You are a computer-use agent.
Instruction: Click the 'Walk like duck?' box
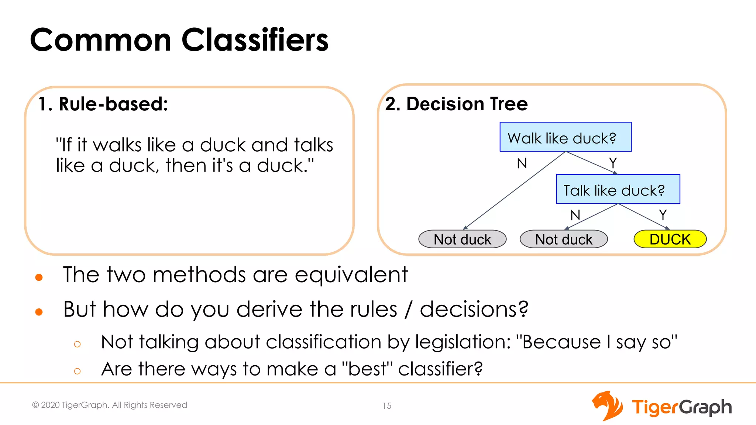click(x=565, y=137)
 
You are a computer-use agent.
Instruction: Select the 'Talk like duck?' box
click(x=618, y=189)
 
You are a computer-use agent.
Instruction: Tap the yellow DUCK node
click(x=670, y=239)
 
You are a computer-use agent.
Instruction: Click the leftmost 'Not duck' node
click(x=462, y=239)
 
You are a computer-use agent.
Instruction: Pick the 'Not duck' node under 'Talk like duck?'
click(x=563, y=239)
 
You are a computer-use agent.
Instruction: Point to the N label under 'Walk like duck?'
click(x=522, y=163)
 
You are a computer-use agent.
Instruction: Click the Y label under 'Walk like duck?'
click(x=613, y=163)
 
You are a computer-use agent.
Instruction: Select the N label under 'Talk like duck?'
click(x=575, y=215)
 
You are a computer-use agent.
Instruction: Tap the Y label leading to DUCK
click(x=663, y=215)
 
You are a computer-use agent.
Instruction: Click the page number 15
click(x=387, y=406)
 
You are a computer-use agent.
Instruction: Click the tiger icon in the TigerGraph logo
click(x=607, y=406)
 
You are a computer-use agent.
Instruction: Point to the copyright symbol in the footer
click(x=35, y=405)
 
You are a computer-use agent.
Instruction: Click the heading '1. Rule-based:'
click(x=103, y=104)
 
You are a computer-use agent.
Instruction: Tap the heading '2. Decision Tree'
click(x=456, y=104)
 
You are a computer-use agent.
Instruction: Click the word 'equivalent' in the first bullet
click(x=351, y=275)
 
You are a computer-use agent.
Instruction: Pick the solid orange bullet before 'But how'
click(x=39, y=312)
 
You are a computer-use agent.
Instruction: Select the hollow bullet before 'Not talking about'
click(x=77, y=344)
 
